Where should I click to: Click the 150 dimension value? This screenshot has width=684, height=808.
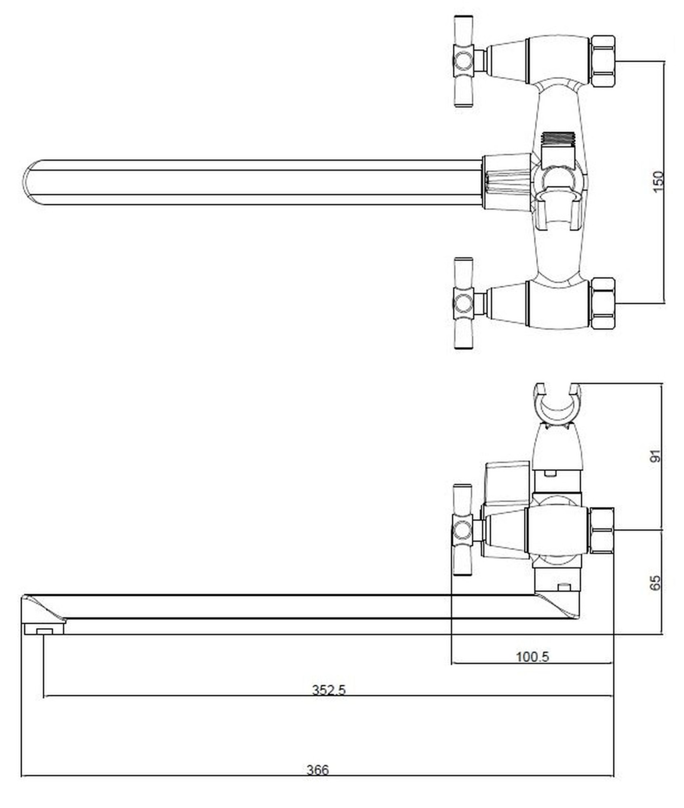(x=657, y=182)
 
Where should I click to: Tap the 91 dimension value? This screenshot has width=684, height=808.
(x=655, y=456)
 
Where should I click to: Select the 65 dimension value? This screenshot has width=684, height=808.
(x=655, y=583)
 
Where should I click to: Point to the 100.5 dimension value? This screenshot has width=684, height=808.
(x=532, y=656)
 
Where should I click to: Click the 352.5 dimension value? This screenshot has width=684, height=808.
(x=329, y=689)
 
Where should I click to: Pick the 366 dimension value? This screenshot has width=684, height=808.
(x=318, y=770)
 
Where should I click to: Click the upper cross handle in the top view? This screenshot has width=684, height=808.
(x=464, y=61)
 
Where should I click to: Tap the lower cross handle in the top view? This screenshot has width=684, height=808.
(x=464, y=303)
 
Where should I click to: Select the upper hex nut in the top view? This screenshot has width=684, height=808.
(x=603, y=61)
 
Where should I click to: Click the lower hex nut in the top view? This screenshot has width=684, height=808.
(x=603, y=303)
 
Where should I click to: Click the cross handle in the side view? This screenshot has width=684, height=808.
(x=462, y=530)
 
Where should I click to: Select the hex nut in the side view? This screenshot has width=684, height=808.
(x=601, y=530)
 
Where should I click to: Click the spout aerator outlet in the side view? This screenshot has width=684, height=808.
(x=44, y=629)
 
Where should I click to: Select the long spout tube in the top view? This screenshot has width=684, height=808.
(x=253, y=182)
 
